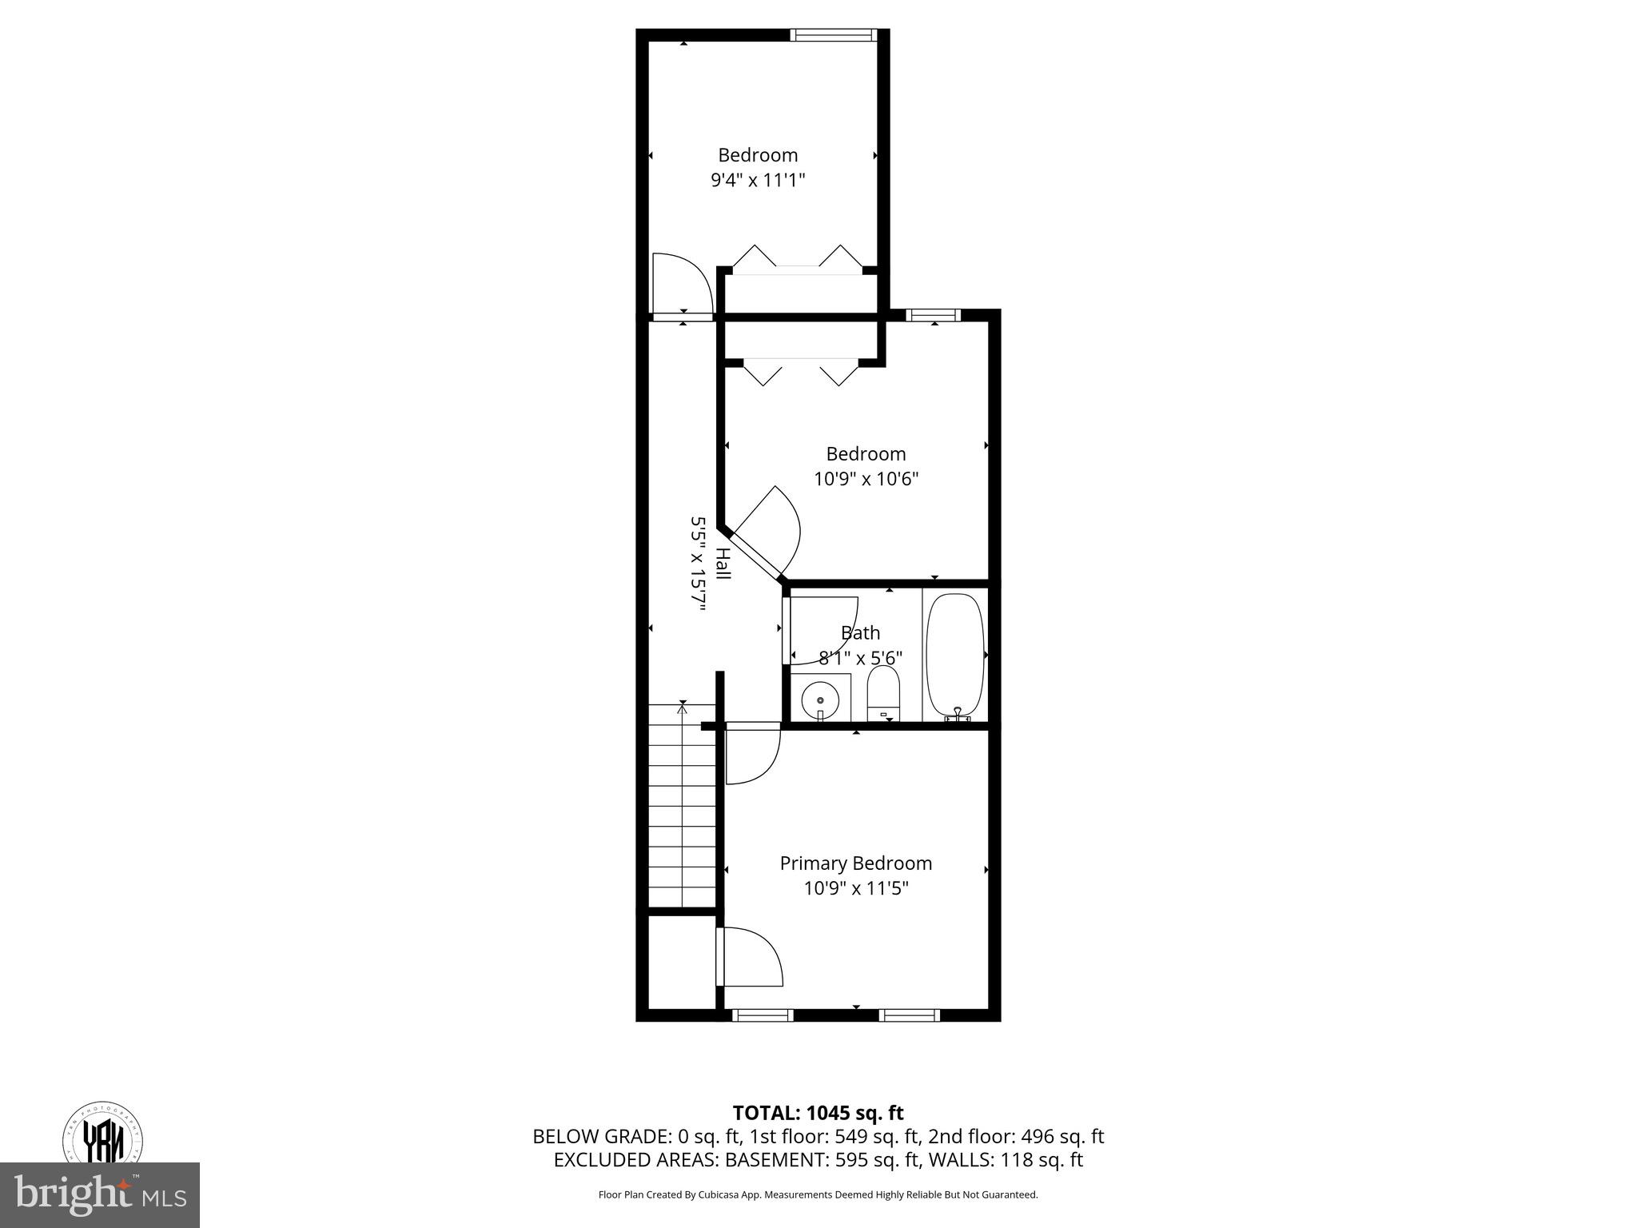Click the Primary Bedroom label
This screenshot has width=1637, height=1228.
855,863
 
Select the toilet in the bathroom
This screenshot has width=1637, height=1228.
883,694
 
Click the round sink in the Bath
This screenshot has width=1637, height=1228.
820,699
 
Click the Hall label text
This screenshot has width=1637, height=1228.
723,564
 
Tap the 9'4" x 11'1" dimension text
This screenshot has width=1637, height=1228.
757,181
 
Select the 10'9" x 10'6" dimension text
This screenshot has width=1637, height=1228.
866,480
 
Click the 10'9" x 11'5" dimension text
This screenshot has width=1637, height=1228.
856,888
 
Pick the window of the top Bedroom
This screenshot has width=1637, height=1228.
833,34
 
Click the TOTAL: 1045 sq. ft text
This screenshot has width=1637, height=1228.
818,1113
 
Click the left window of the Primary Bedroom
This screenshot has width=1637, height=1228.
763,1016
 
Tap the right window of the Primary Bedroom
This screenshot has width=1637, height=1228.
909,1016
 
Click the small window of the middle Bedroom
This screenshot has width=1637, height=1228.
934,315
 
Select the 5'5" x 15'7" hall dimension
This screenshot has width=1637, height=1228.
699,564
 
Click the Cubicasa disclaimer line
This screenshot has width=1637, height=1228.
818,1195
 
